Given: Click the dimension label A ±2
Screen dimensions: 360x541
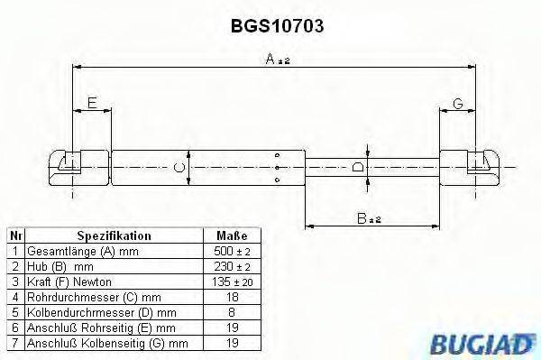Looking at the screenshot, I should coord(274,60).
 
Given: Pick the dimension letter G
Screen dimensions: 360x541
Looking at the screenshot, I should coord(457,105).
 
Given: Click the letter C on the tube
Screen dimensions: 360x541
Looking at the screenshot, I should coord(179,168).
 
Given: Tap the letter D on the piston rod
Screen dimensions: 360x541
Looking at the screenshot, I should coord(359,168).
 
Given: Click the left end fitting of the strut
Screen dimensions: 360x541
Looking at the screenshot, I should coord(71,165).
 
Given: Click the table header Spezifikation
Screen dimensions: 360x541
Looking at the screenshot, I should coord(114,235).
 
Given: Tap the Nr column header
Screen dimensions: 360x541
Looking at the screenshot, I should coord(14,235).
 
